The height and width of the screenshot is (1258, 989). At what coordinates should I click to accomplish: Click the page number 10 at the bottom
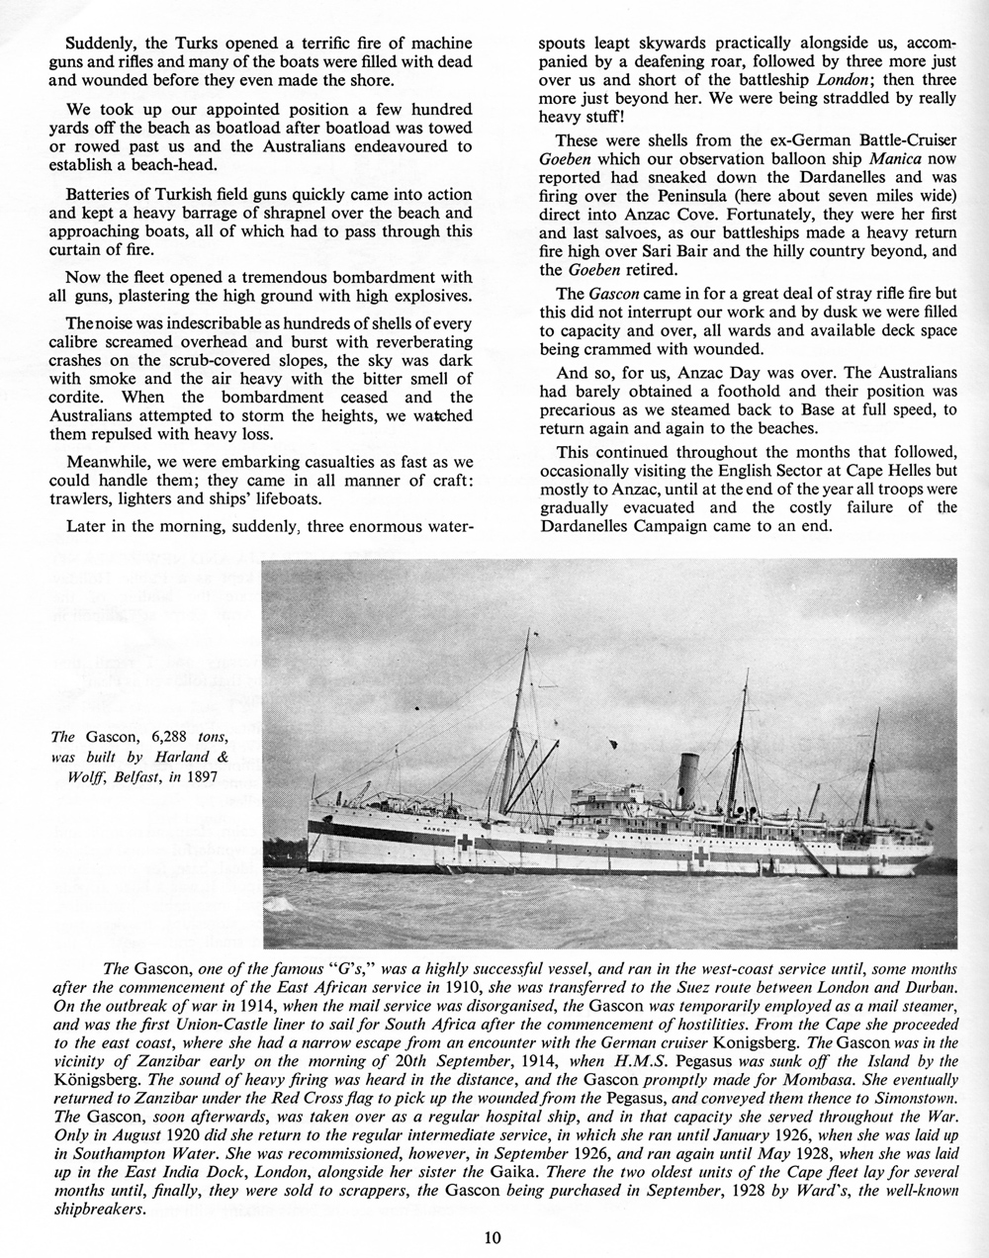coord(494,1236)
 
